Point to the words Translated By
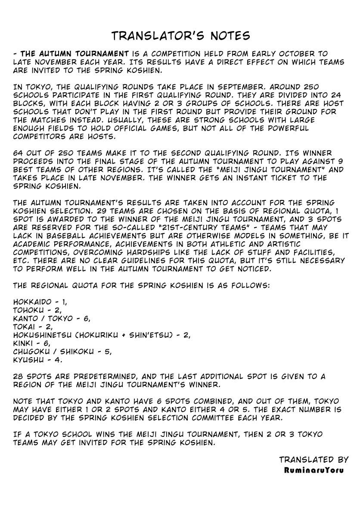tap(313, 460)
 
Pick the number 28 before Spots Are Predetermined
tap(19, 376)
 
